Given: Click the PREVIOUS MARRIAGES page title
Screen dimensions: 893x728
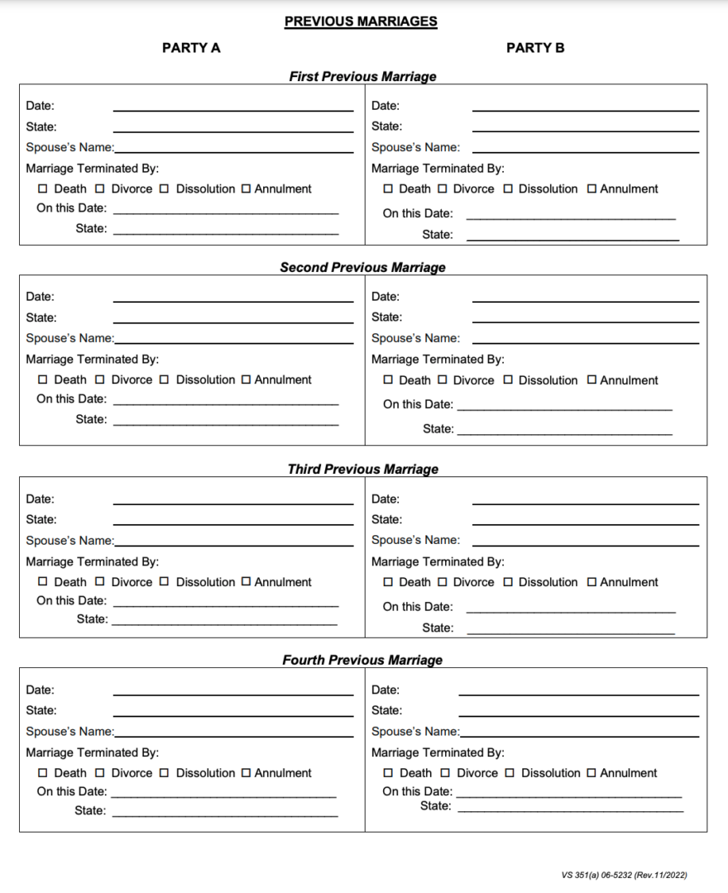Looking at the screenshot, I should click(361, 21).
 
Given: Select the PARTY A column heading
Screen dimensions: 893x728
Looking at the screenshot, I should click(191, 48).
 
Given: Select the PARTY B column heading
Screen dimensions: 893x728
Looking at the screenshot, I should click(535, 48).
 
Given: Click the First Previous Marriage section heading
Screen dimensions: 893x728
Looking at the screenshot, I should click(362, 76).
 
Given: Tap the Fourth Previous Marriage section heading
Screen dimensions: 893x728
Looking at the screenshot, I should click(362, 660).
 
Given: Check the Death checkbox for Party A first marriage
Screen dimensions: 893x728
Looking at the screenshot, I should click(43, 189).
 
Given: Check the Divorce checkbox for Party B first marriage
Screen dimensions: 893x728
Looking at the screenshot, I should click(443, 189).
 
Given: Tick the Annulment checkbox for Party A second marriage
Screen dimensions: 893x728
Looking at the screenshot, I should click(246, 380).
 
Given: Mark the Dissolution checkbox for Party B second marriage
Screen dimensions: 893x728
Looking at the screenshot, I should click(508, 380).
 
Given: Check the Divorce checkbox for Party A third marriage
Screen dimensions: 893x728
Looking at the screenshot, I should click(100, 582).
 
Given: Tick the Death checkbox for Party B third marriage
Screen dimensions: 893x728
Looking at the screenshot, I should click(388, 582).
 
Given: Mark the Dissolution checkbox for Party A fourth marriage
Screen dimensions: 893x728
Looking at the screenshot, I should click(164, 773).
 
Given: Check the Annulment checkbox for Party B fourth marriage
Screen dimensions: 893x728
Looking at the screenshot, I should click(591, 773).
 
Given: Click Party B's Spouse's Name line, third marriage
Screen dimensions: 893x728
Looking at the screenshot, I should click(585, 544).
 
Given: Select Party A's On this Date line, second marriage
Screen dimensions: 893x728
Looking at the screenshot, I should click(226, 403).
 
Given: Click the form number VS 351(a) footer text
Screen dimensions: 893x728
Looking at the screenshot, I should click(624, 875).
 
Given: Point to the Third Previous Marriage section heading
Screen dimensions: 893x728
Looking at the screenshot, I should click(362, 469).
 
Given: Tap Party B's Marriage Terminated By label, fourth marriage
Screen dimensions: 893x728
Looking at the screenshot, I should click(438, 752).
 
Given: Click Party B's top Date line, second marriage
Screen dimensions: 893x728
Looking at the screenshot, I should click(585, 300).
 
